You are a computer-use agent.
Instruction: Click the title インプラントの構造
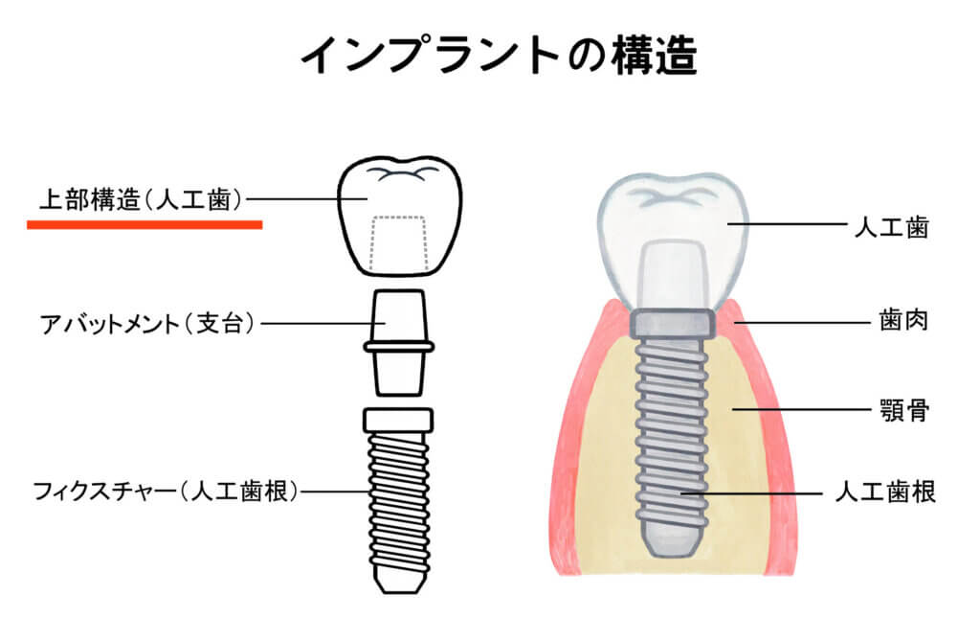coord(498,56)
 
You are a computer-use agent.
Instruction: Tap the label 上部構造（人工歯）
coord(142,199)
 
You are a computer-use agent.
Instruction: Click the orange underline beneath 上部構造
coord(145,225)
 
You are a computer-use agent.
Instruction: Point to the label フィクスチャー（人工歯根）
coord(167,492)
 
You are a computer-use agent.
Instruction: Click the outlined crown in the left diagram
coord(399,216)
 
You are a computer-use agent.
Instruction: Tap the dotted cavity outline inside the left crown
coord(399,243)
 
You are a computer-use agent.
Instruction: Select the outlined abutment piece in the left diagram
coord(399,342)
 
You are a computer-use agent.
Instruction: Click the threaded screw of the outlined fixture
coord(399,501)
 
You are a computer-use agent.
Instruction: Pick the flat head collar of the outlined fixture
coord(398,420)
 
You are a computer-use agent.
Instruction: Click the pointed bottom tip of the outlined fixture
coord(400,583)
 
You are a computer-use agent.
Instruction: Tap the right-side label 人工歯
coord(892,227)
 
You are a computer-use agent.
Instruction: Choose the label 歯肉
coord(904,320)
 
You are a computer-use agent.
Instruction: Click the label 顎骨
coord(904,410)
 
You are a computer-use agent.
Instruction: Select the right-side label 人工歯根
coord(885,492)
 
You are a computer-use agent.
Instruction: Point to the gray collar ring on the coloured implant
coord(671,323)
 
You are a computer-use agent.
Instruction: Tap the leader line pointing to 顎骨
coord(802,409)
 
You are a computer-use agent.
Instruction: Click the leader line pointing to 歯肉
coord(803,322)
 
